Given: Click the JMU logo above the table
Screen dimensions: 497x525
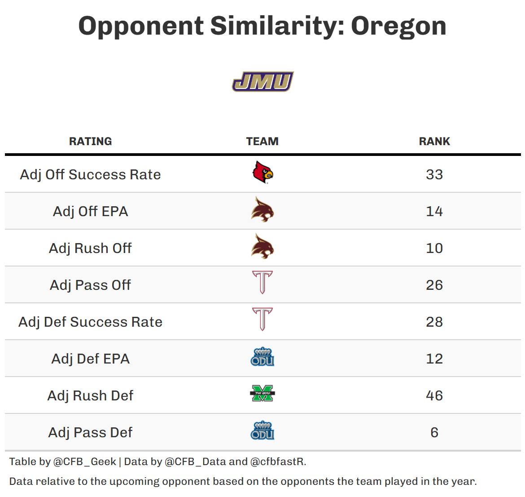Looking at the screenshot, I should pos(262,82).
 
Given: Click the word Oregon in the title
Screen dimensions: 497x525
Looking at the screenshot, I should pos(398,26).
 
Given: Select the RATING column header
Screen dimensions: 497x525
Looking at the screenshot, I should pos(90,141).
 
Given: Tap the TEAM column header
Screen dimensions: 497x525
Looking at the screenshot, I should pos(262,141).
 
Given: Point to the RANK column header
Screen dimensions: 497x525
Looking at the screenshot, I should pos(434,141).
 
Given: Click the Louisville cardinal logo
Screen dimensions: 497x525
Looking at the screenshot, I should pos(262,173).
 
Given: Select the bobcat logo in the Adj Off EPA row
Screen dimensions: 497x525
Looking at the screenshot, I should pos(262,210).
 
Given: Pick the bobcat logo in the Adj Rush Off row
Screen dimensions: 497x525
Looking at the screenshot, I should pos(262,247).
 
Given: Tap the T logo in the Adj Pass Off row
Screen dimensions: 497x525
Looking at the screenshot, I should pos(262,283).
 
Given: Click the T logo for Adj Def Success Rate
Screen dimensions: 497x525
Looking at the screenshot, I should pos(262,319).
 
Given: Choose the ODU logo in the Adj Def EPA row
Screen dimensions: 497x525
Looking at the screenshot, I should pos(262,357).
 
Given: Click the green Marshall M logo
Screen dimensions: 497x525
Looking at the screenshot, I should pos(262,394).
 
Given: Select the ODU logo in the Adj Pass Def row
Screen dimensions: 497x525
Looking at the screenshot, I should pos(262,431).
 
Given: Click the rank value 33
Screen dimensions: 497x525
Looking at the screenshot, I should pos(434,174).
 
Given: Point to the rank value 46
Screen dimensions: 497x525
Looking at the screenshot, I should pos(434,395).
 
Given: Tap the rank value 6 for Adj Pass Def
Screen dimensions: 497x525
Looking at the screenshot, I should pos(434,432).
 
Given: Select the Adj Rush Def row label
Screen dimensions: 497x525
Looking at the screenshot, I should pos(90,395).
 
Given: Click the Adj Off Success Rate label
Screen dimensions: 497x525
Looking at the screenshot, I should pos(90,174).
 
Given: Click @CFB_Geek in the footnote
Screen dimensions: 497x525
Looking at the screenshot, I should pos(84,462).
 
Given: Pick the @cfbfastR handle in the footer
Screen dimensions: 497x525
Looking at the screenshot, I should pos(278,462).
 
